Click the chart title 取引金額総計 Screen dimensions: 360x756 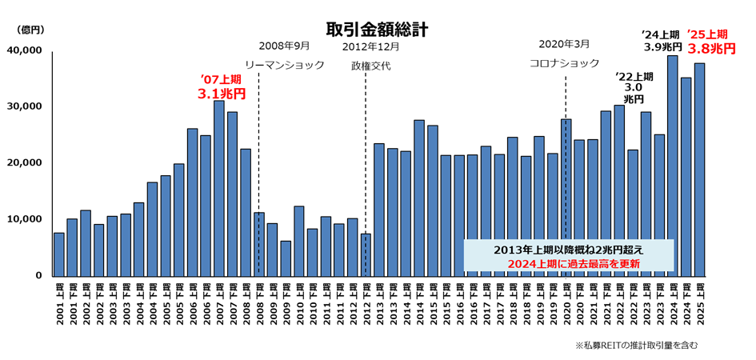click(376, 30)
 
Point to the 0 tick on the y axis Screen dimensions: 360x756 click(38, 276)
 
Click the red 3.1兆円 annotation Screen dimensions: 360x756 click(221, 94)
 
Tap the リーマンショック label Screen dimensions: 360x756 click(285, 65)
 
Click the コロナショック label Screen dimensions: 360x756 click(564, 63)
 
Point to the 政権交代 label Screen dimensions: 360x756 click(371, 66)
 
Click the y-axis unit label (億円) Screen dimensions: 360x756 click(30, 30)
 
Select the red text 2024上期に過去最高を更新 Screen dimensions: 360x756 click(570, 263)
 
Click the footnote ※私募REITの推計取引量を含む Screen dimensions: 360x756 click(637, 345)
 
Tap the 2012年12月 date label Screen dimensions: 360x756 click(371, 46)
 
